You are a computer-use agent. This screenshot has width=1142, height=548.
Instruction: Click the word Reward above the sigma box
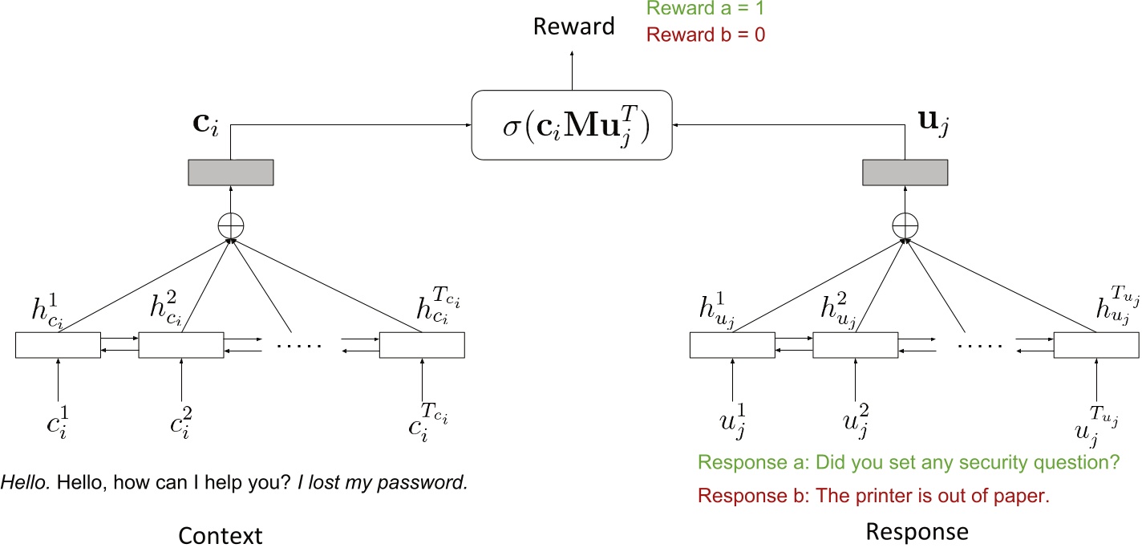tap(573, 26)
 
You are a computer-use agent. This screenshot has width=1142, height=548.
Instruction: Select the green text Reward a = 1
tap(706, 10)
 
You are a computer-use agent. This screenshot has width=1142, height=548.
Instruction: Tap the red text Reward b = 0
tap(706, 35)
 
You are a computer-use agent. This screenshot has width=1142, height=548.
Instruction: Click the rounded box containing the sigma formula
tap(571, 124)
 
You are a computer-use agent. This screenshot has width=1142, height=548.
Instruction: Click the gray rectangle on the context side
tap(231, 173)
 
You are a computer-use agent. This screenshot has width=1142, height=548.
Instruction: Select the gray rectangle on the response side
tap(905, 173)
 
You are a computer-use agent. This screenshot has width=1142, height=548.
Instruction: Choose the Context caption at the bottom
tap(220, 535)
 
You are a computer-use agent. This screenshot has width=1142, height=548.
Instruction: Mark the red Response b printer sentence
tap(873, 495)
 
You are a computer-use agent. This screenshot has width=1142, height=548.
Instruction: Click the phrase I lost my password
tap(383, 484)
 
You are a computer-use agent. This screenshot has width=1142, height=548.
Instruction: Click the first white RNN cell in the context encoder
tap(58, 345)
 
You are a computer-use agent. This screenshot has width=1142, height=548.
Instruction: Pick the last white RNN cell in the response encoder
tap(1095, 345)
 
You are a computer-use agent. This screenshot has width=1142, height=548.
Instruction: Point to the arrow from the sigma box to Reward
tap(572, 70)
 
